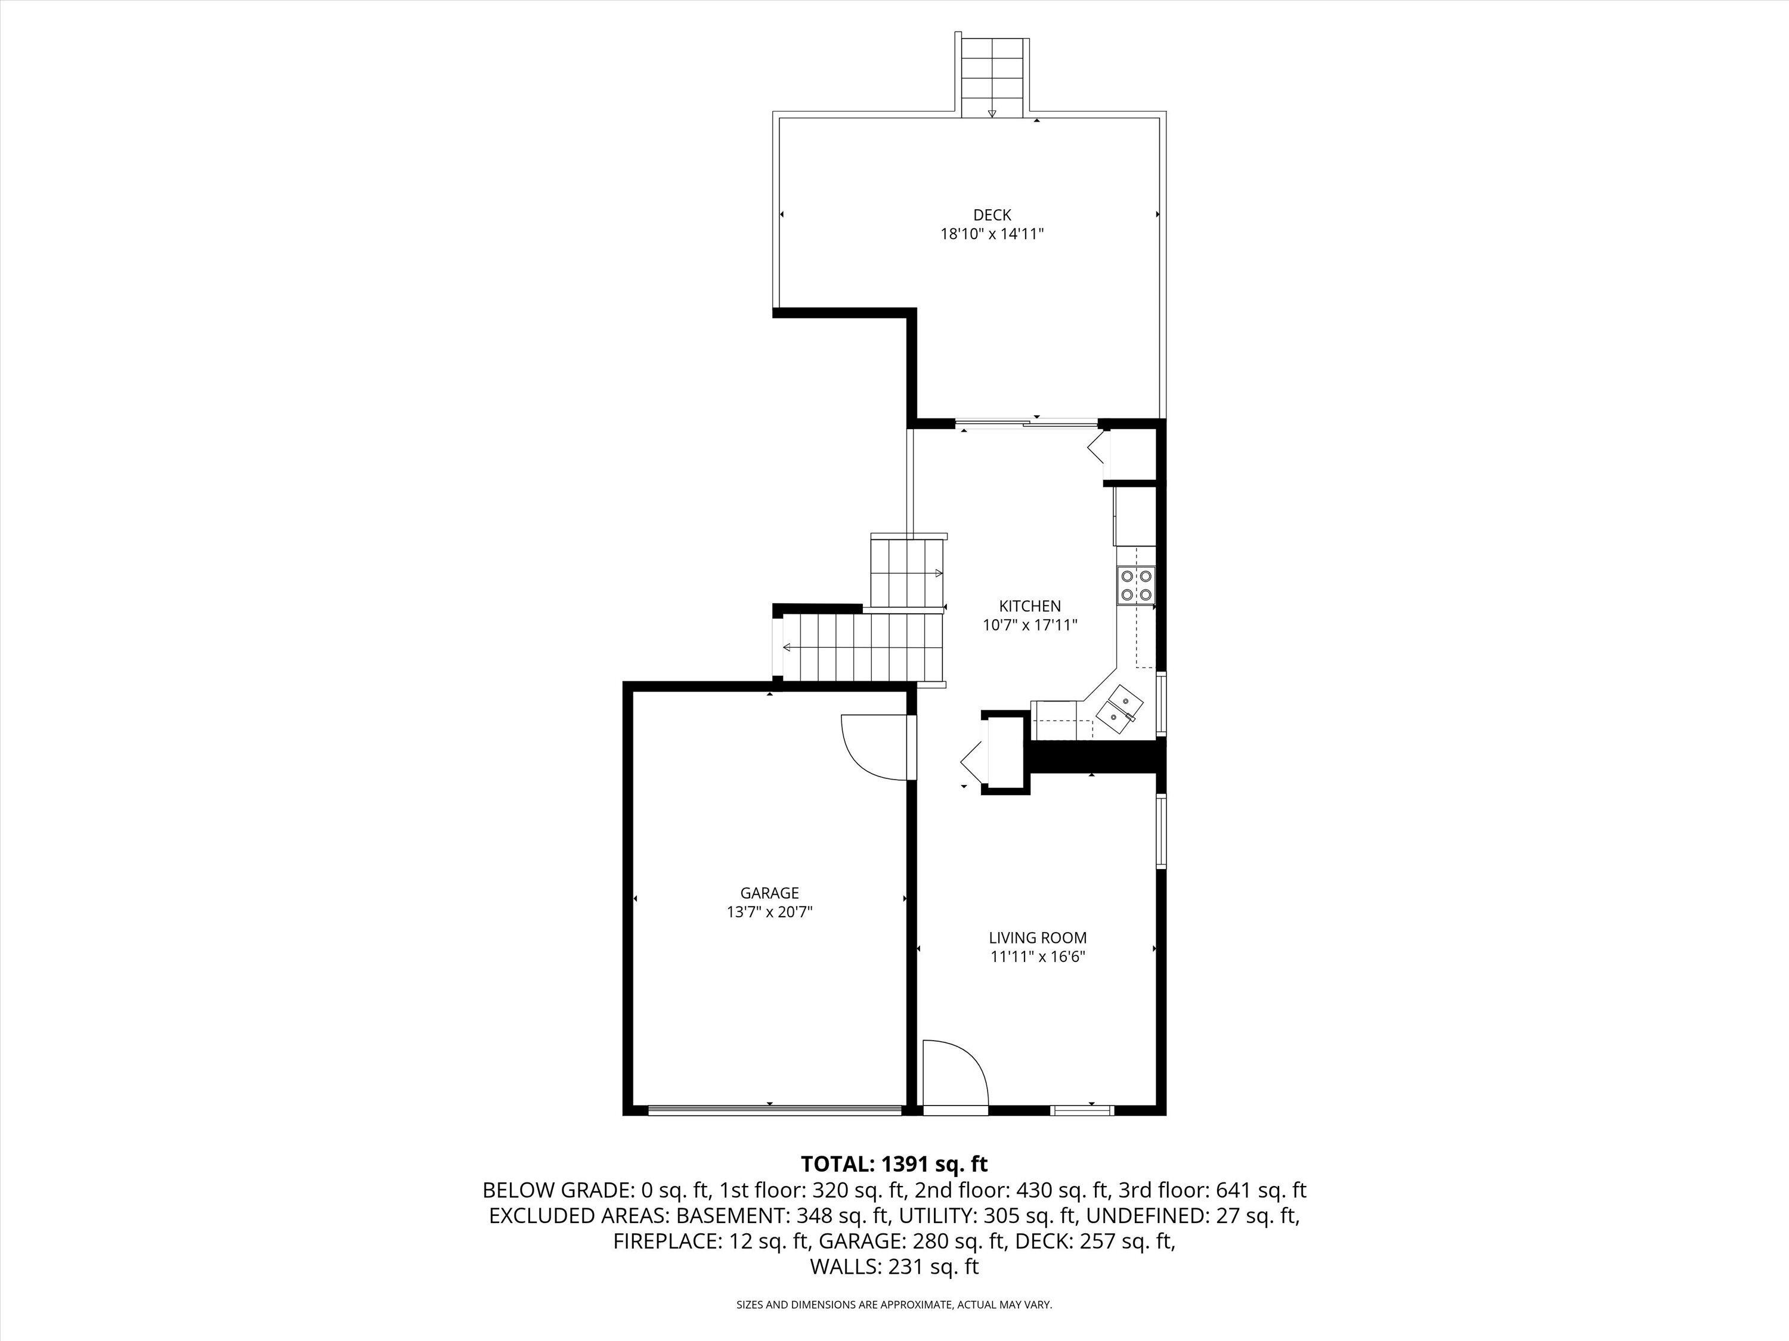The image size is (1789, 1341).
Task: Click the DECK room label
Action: [992, 215]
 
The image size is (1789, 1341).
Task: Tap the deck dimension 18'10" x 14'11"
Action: [992, 234]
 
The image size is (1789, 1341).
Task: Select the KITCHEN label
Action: [1029, 606]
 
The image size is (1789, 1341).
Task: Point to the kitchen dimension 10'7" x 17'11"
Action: [1029, 625]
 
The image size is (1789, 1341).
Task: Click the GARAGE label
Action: [769, 893]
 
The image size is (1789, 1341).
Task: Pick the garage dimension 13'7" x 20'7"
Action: [769, 912]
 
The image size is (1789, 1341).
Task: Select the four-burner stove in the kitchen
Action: [1137, 586]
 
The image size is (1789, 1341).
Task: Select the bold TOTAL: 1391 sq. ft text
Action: [894, 1164]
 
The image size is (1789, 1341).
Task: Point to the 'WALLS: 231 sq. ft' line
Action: [894, 1266]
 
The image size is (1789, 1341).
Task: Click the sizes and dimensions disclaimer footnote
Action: [894, 1305]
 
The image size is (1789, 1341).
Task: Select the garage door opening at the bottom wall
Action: [775, 1110]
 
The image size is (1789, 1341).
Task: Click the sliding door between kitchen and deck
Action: [1027, 423]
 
